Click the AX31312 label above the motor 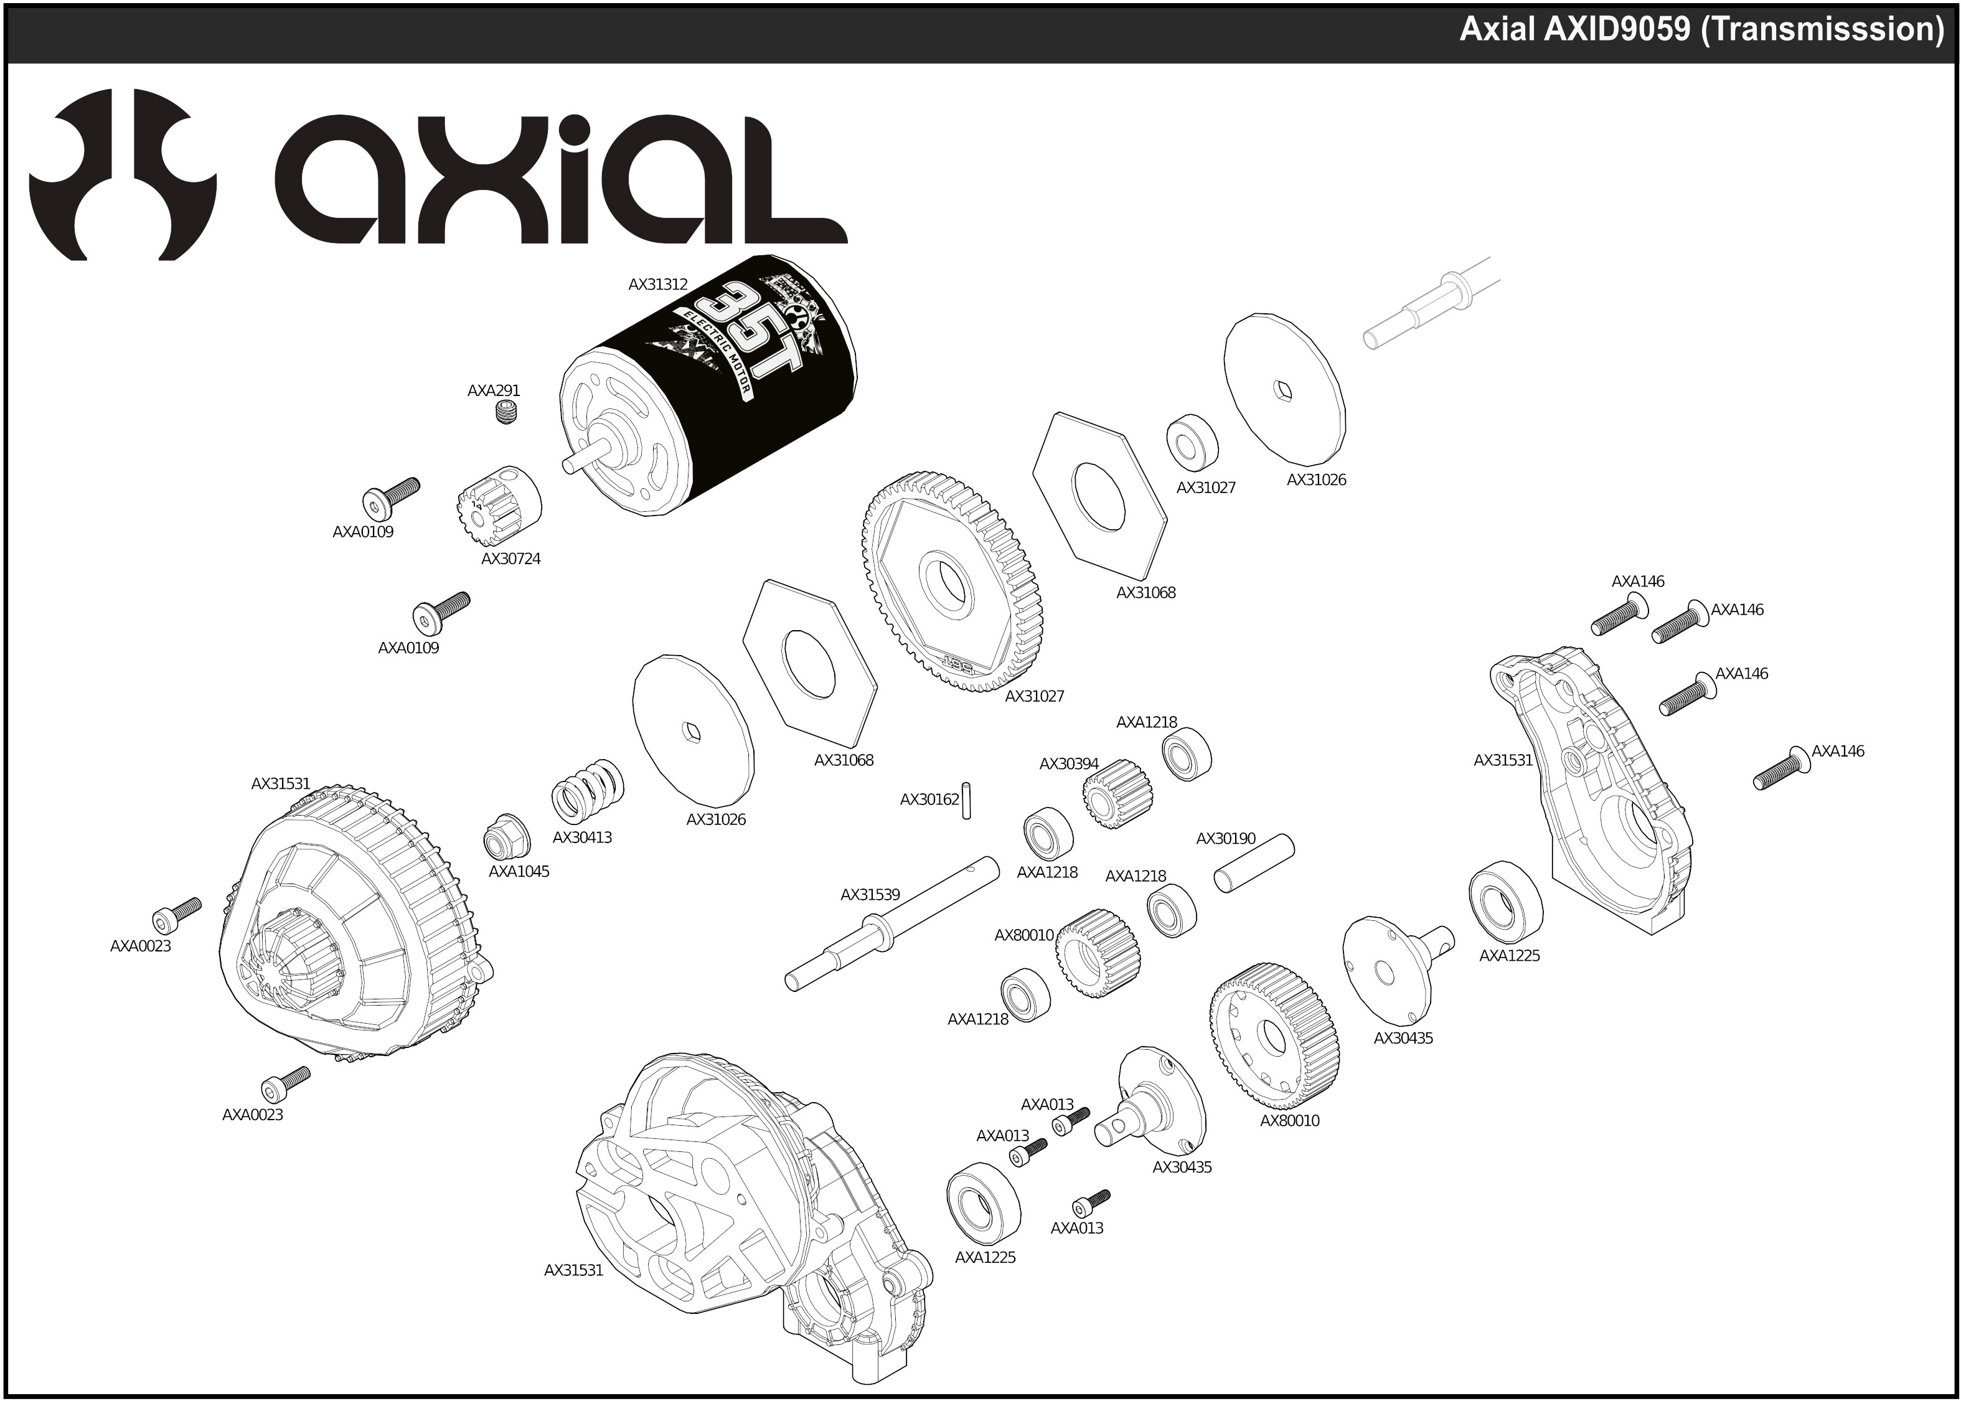pyautogui.click(x=657, y=284)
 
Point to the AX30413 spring pyautogui.click(x=587, y=791)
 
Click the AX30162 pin pyautogui.click(x=967, y=800)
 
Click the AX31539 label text pyautogui.click(x=870, y=895)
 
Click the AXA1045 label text pyautogui.click(x=519, y=871)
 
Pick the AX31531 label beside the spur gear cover pyautogui.click(x=280, y=784)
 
